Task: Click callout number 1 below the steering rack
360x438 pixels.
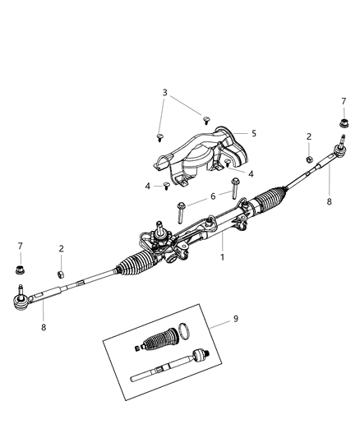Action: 221,257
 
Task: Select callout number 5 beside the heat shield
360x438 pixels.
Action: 254,133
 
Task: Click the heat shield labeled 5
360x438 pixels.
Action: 197,152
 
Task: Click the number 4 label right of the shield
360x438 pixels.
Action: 251,173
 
